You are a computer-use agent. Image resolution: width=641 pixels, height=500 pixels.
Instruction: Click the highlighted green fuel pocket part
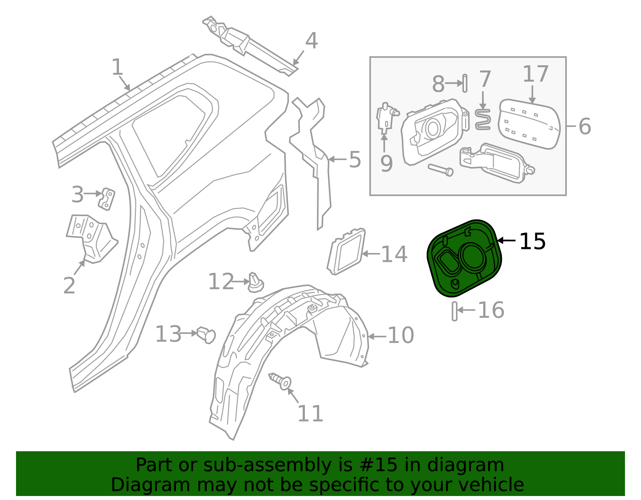(x=465, y=258)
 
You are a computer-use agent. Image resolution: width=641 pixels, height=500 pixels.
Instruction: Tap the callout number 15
(x=532, y=242)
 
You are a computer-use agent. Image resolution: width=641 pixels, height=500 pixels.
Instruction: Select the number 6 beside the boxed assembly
(x=585, y=127)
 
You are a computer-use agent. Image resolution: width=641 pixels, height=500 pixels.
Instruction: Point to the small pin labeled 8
(x=465, y=83)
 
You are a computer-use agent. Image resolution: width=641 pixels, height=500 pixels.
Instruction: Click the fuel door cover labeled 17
(x=529, y=124)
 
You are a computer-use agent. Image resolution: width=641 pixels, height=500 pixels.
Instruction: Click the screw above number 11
(x=281, y=380)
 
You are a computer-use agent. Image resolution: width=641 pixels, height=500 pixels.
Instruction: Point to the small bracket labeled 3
(x=107, y=199)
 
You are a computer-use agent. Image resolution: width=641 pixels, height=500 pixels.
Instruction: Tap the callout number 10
(x=401, y=335)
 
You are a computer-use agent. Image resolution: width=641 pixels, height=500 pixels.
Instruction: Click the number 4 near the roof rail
(x=311, y=41)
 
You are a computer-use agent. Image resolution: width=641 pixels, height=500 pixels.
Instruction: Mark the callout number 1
(x=117, y=67)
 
